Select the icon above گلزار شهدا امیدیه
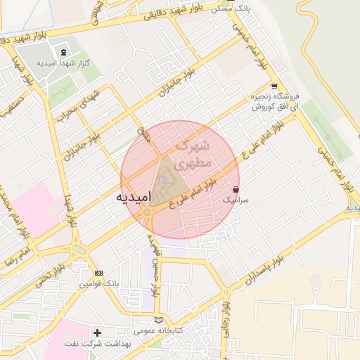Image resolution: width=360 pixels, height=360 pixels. point(65,52)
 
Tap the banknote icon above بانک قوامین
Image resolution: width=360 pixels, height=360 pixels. point(98,273)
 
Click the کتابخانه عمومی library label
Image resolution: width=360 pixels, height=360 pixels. point(157,330)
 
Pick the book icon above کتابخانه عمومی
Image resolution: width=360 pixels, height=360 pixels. point(157,319)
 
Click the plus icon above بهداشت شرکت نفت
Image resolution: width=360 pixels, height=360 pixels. point(98,331)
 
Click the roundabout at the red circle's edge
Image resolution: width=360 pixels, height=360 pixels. point(148,212)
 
